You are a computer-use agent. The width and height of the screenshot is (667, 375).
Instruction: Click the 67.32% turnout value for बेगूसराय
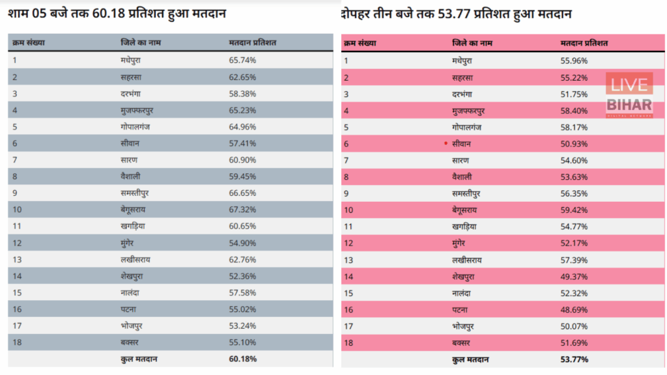tap(242, 209)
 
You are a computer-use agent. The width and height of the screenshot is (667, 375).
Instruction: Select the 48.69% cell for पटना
tap(574, 309)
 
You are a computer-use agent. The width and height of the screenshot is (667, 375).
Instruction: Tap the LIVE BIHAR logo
tap(629, 94)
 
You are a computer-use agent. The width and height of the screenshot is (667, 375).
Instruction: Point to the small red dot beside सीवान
tap(446, 143)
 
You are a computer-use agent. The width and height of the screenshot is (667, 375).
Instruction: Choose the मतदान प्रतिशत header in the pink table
tap(584, 43)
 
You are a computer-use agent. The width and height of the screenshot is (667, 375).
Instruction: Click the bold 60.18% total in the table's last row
tap(242, 359)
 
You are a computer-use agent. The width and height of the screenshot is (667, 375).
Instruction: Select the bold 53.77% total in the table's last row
tap(574, 359)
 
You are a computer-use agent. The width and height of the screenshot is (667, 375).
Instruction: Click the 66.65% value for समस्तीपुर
tap(242, 193)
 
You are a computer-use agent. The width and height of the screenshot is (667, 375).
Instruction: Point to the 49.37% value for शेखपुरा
tap(574, 276)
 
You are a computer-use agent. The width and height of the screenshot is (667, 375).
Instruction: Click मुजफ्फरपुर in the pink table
tap(472, 110)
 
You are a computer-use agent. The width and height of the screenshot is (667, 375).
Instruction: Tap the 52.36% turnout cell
tap(242, 275)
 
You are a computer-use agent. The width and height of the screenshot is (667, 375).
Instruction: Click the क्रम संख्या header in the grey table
tap(28, 42)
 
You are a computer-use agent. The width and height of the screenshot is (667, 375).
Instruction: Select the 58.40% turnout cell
tap(574, 110)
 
